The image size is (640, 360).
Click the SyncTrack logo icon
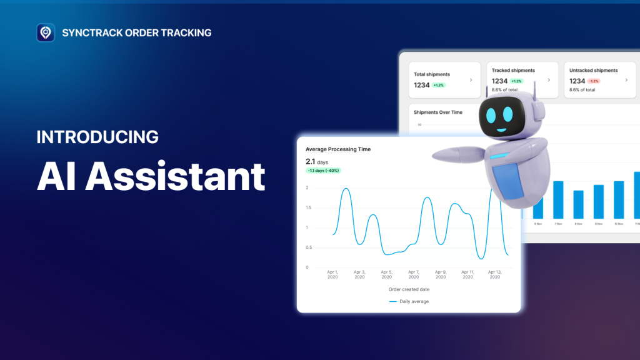(46, 32)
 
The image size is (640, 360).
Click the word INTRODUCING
(97, 137)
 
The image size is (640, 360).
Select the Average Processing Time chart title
(338, 149)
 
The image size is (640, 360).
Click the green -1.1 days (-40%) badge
(323, 171)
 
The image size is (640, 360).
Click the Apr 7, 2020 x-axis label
(413, 274)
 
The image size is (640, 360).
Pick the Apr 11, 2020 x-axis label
(467, 274)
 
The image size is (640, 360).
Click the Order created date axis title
(409, 289)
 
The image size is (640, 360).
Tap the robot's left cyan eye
(490, 115)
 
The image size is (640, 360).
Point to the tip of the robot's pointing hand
(436, 153)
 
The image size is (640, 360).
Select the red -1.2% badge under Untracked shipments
(594, 81)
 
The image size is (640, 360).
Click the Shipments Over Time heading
(438, 112)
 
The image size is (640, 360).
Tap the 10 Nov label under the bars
(619, 224)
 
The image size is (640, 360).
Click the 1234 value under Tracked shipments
(499, 81)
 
